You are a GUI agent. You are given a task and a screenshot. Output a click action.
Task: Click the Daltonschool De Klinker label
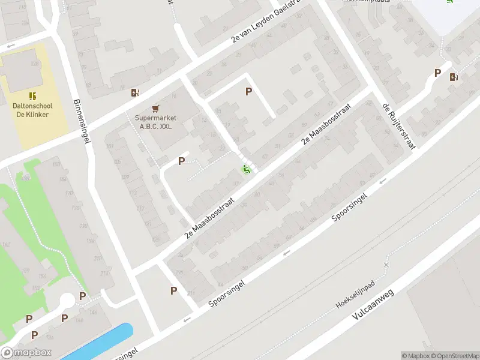pos(31,110)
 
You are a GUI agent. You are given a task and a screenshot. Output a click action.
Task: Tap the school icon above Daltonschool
pos(32,96)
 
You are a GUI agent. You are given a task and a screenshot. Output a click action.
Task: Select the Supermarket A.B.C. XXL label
pos(154,122)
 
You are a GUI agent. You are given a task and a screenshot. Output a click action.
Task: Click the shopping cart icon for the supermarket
pos(155,109)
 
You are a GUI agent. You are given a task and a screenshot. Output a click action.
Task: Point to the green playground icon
pos(245,170)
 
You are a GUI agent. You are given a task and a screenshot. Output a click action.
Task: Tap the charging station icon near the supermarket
pos(135,92)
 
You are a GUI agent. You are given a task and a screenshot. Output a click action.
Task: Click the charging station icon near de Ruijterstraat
pos(453,76)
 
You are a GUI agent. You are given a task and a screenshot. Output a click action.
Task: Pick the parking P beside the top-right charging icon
pos(437,73)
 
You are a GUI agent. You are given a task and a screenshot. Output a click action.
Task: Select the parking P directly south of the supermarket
pos(181,161)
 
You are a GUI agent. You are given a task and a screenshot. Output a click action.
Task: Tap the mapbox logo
pos(26,353)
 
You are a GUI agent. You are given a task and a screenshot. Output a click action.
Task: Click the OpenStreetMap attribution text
pos(454,356)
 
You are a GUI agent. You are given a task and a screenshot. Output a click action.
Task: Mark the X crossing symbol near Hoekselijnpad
pos(386,265)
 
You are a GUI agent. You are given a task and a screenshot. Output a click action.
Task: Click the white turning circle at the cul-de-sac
pos(67,299)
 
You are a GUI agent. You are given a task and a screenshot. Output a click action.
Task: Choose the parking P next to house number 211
pos(173,290)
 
